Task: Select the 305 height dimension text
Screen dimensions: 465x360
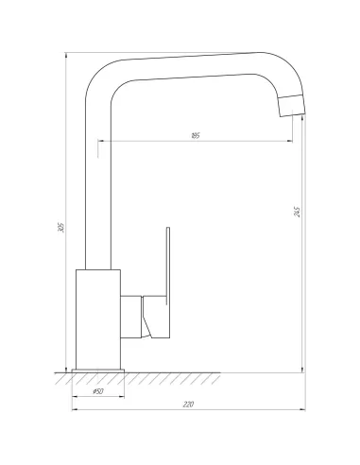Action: (60, 230)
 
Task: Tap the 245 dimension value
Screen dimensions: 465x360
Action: (297, 214)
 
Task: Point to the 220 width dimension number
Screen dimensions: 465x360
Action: (188, 404)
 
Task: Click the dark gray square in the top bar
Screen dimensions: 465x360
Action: (256, 48)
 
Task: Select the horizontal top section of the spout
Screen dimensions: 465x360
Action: (189, 65)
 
